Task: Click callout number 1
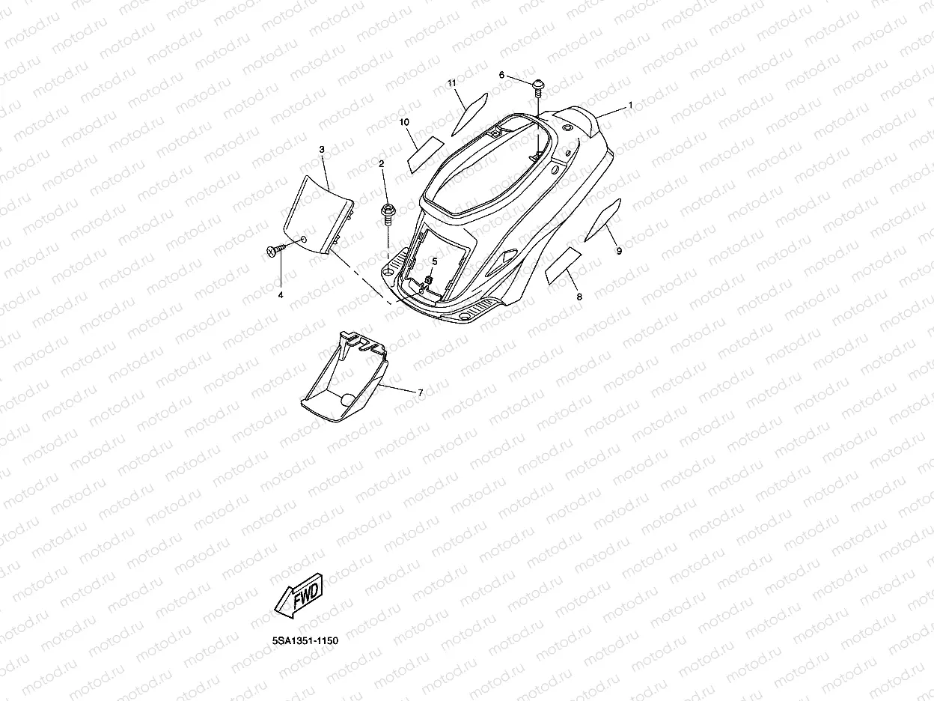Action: (630, 106)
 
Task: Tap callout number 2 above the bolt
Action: (381, 163)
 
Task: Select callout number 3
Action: (322, 150)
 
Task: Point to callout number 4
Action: (281, 295)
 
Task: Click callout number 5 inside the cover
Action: (435, 261)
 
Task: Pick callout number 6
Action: (502, 75)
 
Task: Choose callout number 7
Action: (420, 392)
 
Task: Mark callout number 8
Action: (579, 297)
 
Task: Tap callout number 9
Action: (619, 252)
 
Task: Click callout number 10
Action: (403, 121)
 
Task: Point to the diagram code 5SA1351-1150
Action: (305, 641)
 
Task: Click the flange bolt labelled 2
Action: (388, 212)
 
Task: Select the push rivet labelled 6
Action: (538, 86)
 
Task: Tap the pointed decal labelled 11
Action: (469, 111)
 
